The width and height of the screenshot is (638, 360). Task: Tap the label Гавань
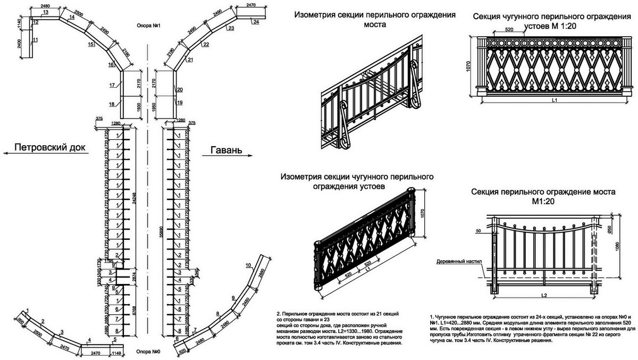(x=226, y=150)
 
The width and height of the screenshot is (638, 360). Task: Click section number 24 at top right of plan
(x=256, y=21)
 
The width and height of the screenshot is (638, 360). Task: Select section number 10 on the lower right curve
(x=248, y=264)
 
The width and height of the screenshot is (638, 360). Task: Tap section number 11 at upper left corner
(x=35, y=40)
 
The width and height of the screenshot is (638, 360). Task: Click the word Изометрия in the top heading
(x=317, y=15)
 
